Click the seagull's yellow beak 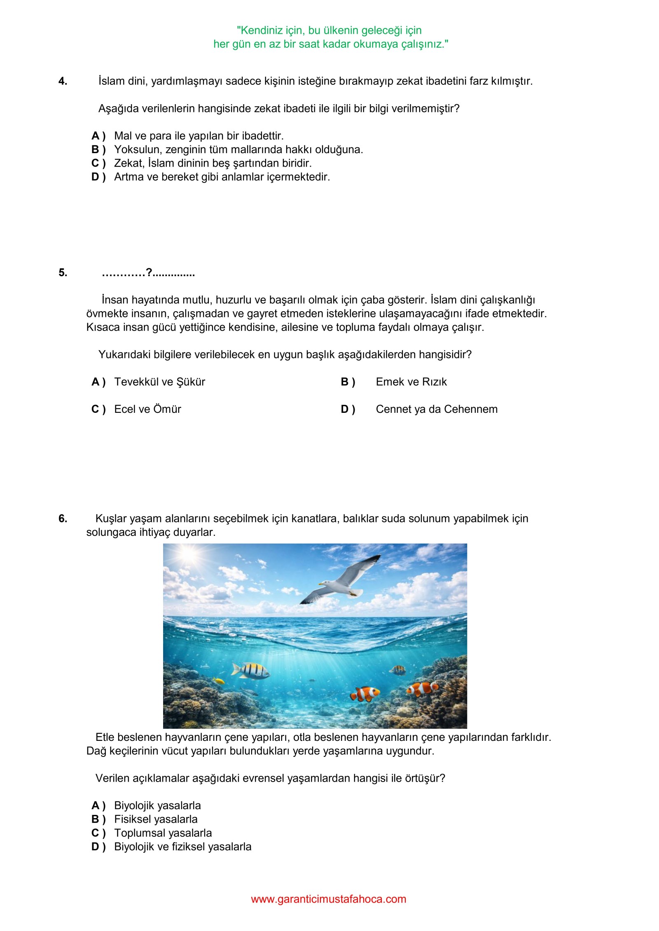[x=320, y=584]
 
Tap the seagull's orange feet [x=353, y=594]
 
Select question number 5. [x=63, y=272]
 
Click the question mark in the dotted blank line [x=149, y=272]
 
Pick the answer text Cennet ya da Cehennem [x=437, y=409]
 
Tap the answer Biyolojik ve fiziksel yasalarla [x=182, y=847]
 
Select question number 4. [x=63, y=81]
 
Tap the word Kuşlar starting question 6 [x=111, y=519]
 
